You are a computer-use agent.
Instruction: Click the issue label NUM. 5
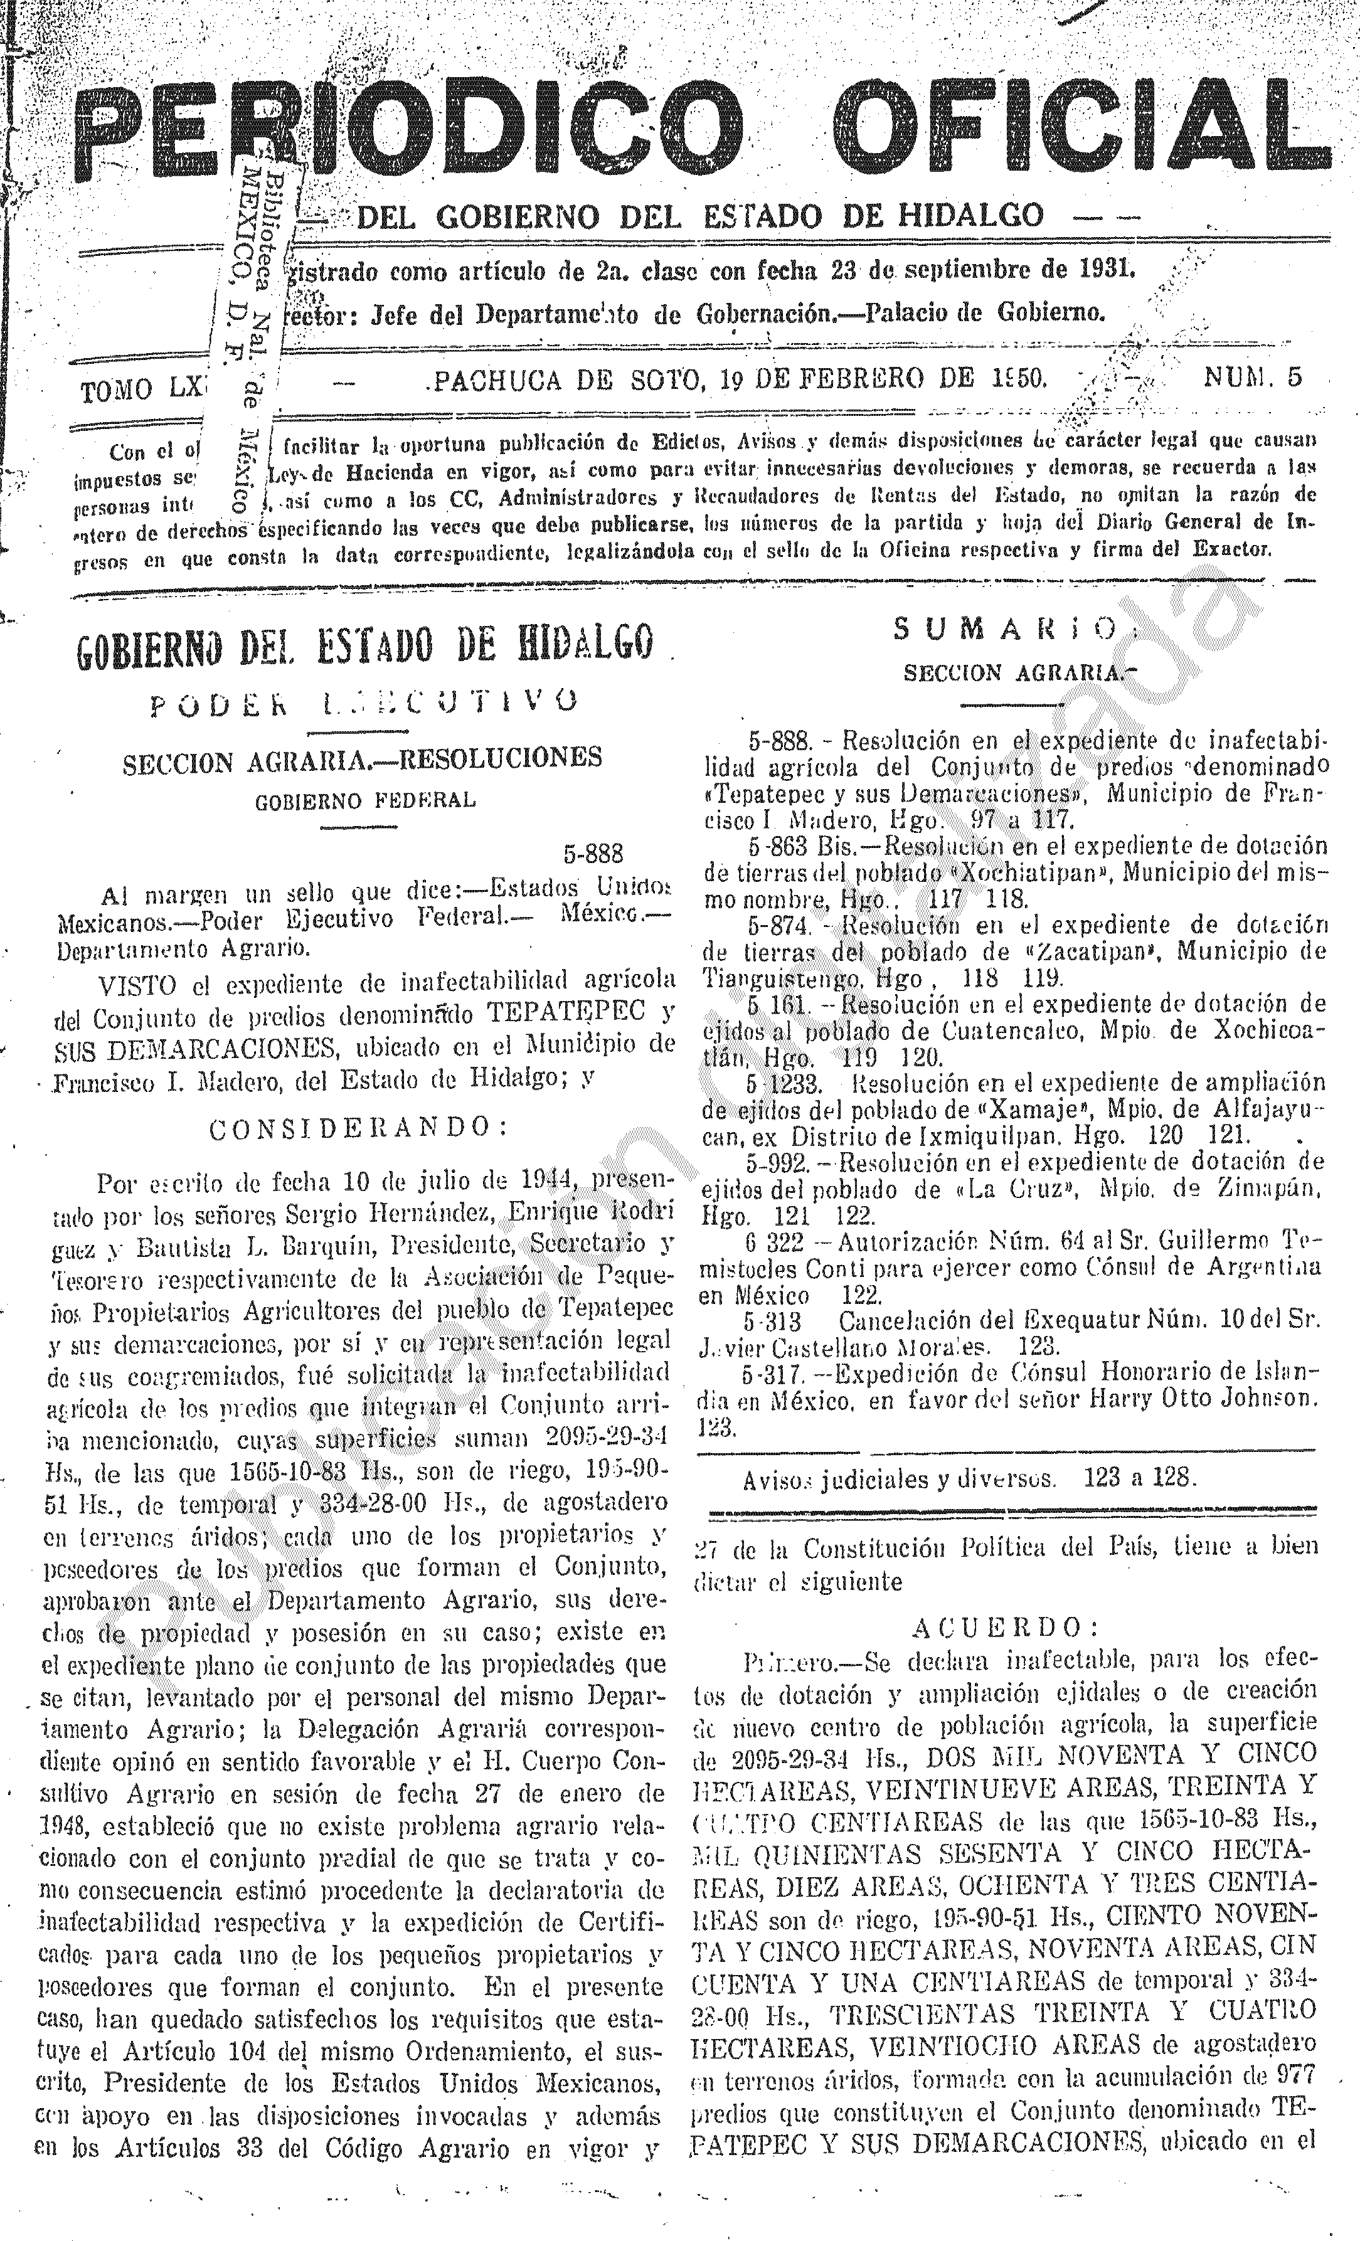click(1253, 378)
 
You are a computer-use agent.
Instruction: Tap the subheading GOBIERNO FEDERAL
click(365, 802)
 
